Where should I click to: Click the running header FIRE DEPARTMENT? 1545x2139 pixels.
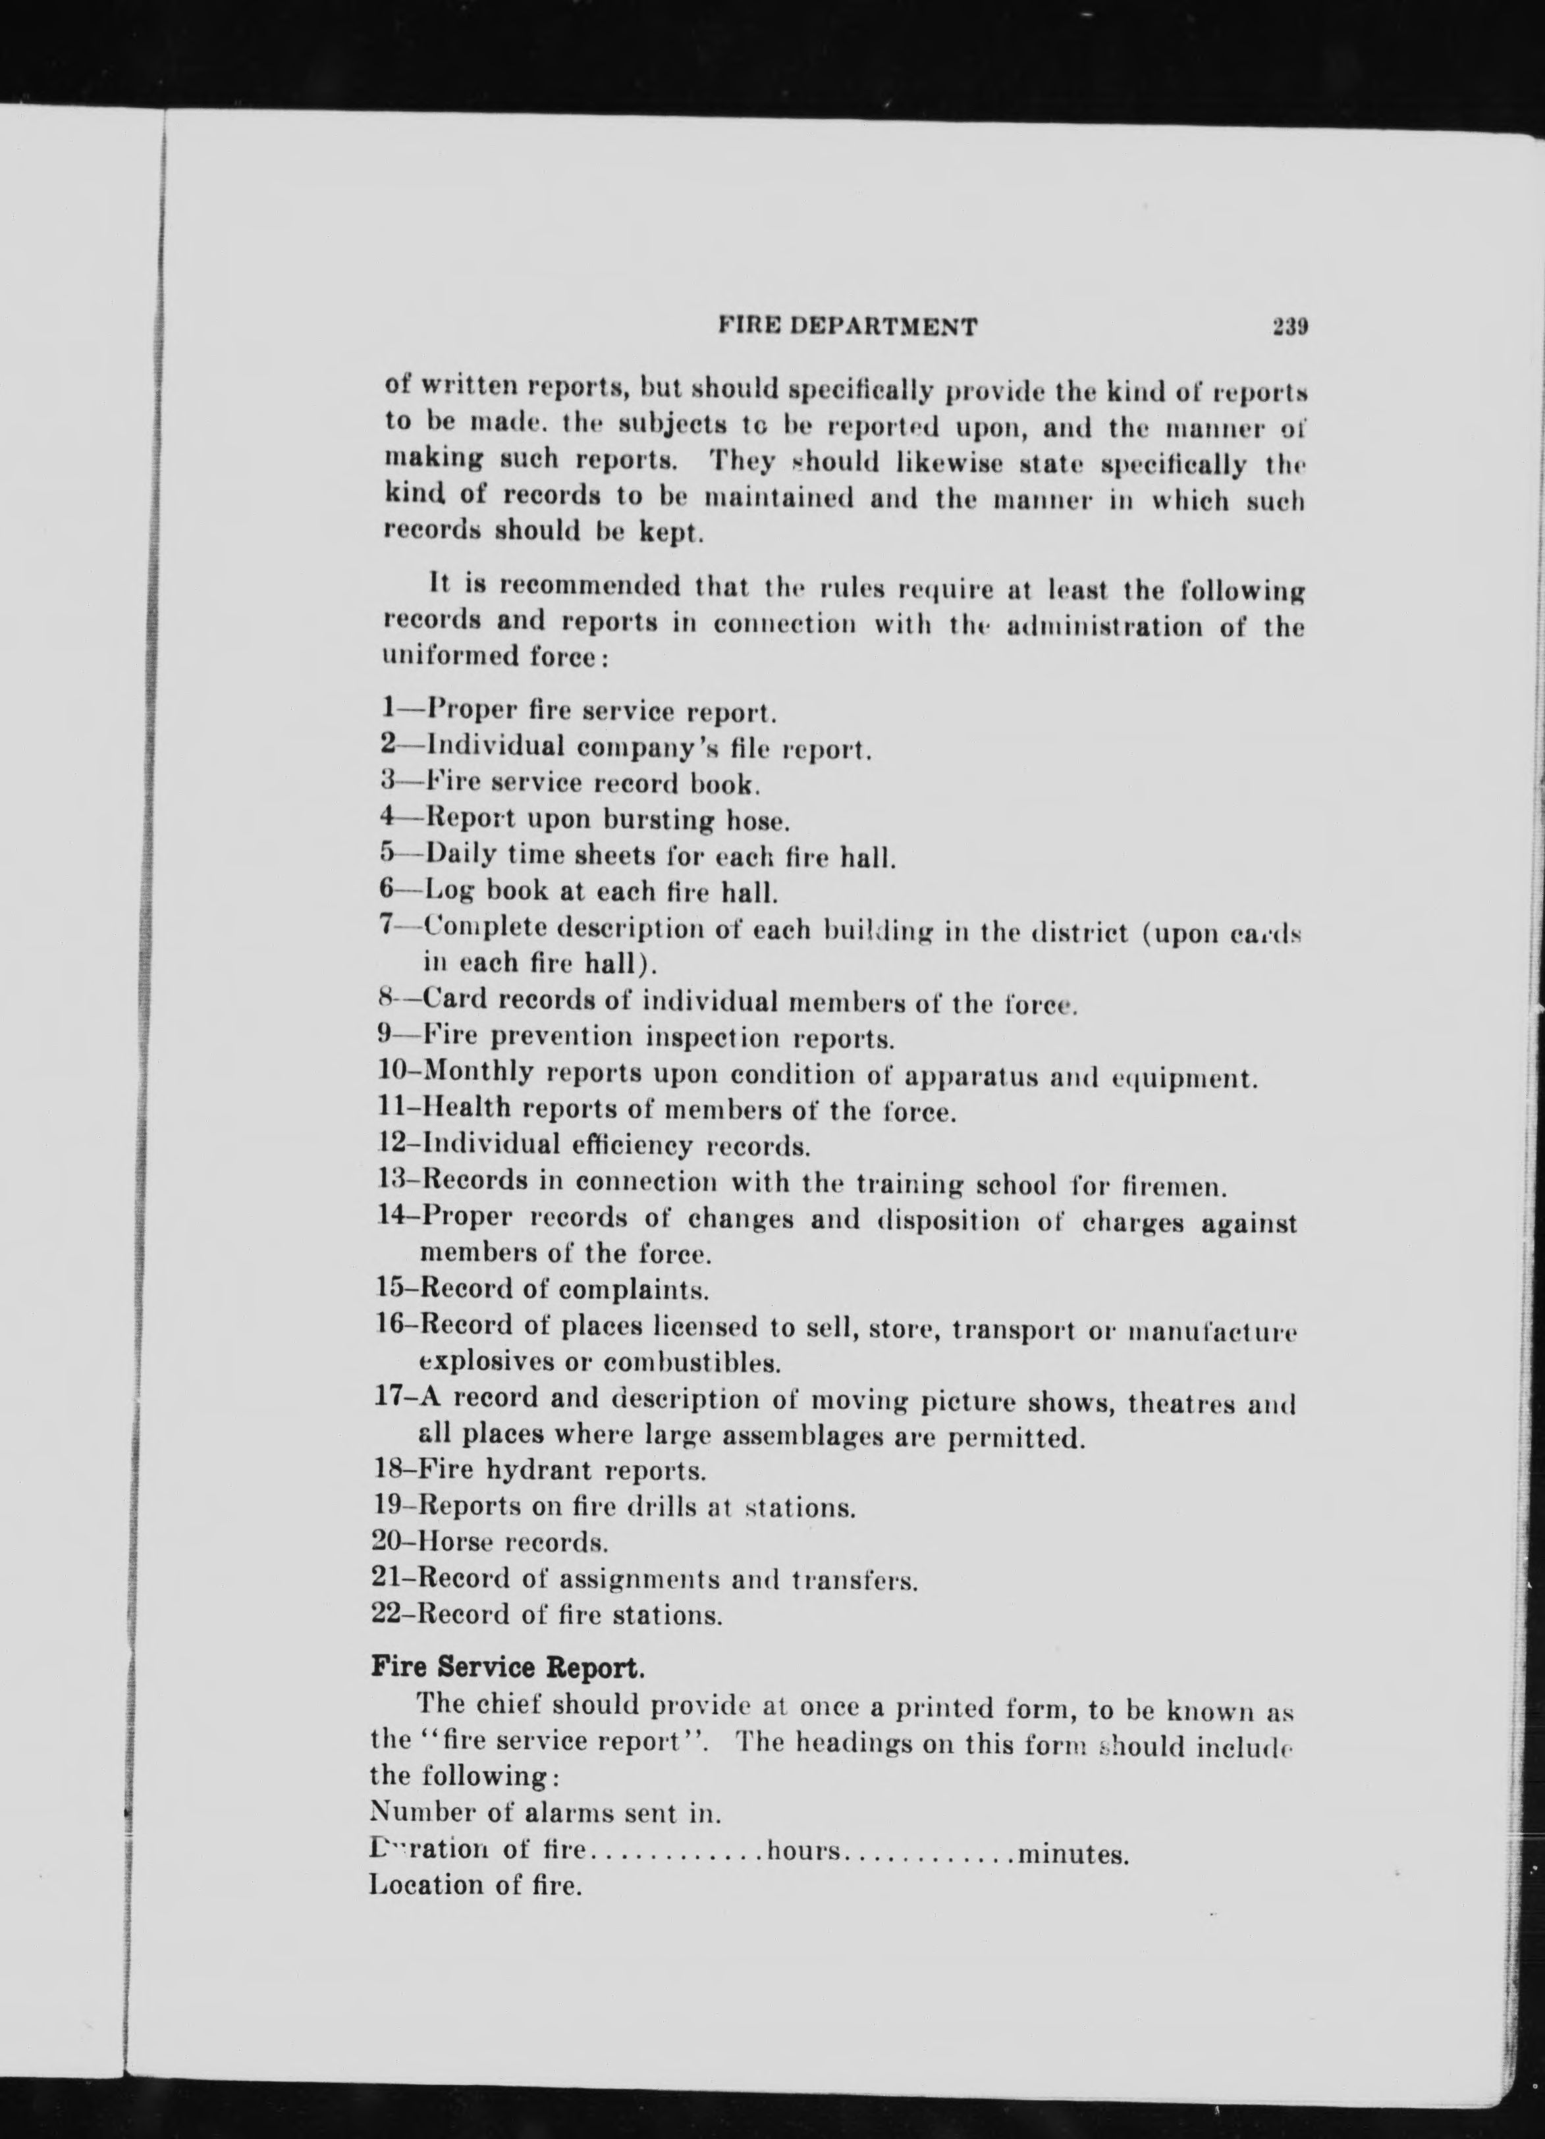click(x=848, y=327)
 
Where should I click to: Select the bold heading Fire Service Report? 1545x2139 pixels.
click(x=508, y=1668)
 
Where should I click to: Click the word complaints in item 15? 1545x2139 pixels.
click(x=645, y=1288)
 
